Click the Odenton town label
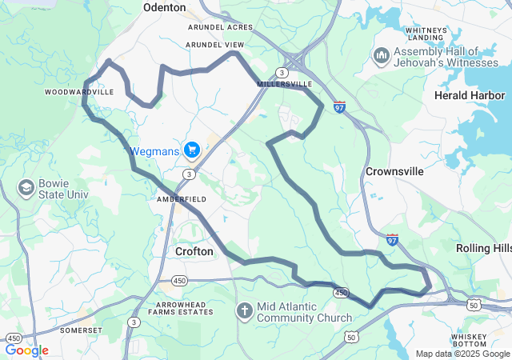164,7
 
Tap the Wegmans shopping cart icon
191,150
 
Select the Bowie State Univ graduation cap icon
26,187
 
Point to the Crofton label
194,251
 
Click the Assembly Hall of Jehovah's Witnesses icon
381,55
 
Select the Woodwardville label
79,92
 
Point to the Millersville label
284,83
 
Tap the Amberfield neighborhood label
182,198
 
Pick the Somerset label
81,330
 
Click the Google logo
27,350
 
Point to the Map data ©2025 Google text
462,354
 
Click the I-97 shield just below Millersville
340,106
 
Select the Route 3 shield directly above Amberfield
187,174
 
